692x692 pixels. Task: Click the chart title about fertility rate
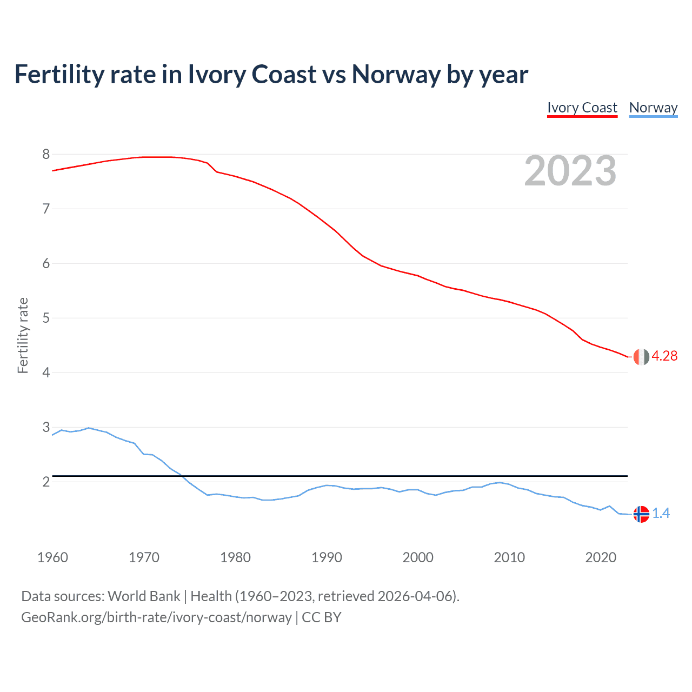coord(271,74)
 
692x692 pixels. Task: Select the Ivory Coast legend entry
coord(582,108)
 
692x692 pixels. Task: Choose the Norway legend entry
coord(653,108)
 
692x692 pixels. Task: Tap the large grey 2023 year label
coord(570,171)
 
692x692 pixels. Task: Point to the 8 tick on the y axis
coord(46,155)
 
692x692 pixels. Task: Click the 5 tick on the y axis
coord(46,318)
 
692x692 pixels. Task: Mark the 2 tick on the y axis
coord(46,482)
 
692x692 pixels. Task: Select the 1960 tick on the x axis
coord(52,557)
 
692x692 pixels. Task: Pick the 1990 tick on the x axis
coord(327,557)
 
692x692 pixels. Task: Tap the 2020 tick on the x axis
coord(601,557)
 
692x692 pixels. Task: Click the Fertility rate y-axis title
coord(23,335)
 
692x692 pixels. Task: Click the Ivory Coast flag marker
coord(641,357)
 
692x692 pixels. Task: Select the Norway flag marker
coord(641,514)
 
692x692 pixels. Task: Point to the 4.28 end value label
coord(664,356)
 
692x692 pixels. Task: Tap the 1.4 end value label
coord(661,513)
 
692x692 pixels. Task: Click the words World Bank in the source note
coord(144,596)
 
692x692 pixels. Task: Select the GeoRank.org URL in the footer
coord(156,617)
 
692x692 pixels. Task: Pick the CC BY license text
coord(322,617)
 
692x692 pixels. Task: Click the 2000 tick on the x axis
coord(418,557)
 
